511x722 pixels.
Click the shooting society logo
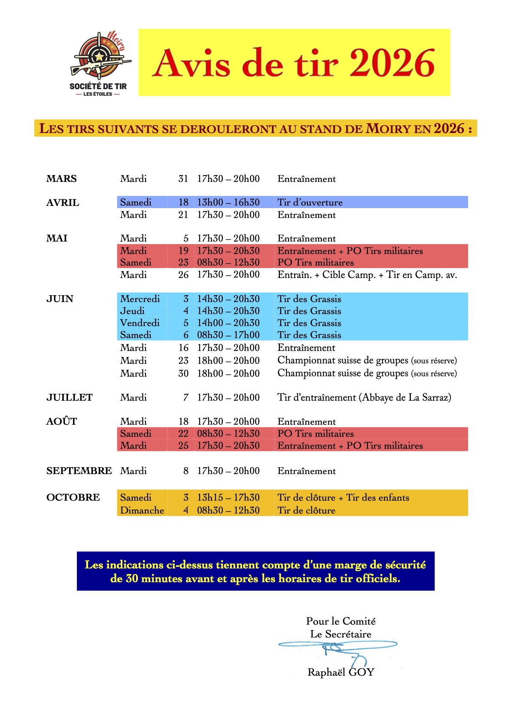tap(99, 63)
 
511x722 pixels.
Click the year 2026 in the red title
tap(392, 63)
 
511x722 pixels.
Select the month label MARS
tap(61, 178)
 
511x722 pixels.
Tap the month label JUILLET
tap(69, 397)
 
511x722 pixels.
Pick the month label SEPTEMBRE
tap(79, 471)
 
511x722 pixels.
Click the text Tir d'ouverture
tap(310, 202)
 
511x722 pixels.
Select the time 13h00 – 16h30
tap(228, 202)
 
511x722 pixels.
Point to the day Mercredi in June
tap(140, 299)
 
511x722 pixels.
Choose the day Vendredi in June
tap(140, 323)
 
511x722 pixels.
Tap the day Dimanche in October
tap(142, 510)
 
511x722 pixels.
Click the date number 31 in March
tap(183, 178)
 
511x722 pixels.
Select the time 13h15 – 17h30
tap(228, 497)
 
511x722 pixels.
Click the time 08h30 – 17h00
tap(228, 335)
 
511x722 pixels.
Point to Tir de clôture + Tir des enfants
tap(343, 497)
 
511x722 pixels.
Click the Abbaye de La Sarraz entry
tap(364, 397)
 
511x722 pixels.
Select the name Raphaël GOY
tap(341, 672)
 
